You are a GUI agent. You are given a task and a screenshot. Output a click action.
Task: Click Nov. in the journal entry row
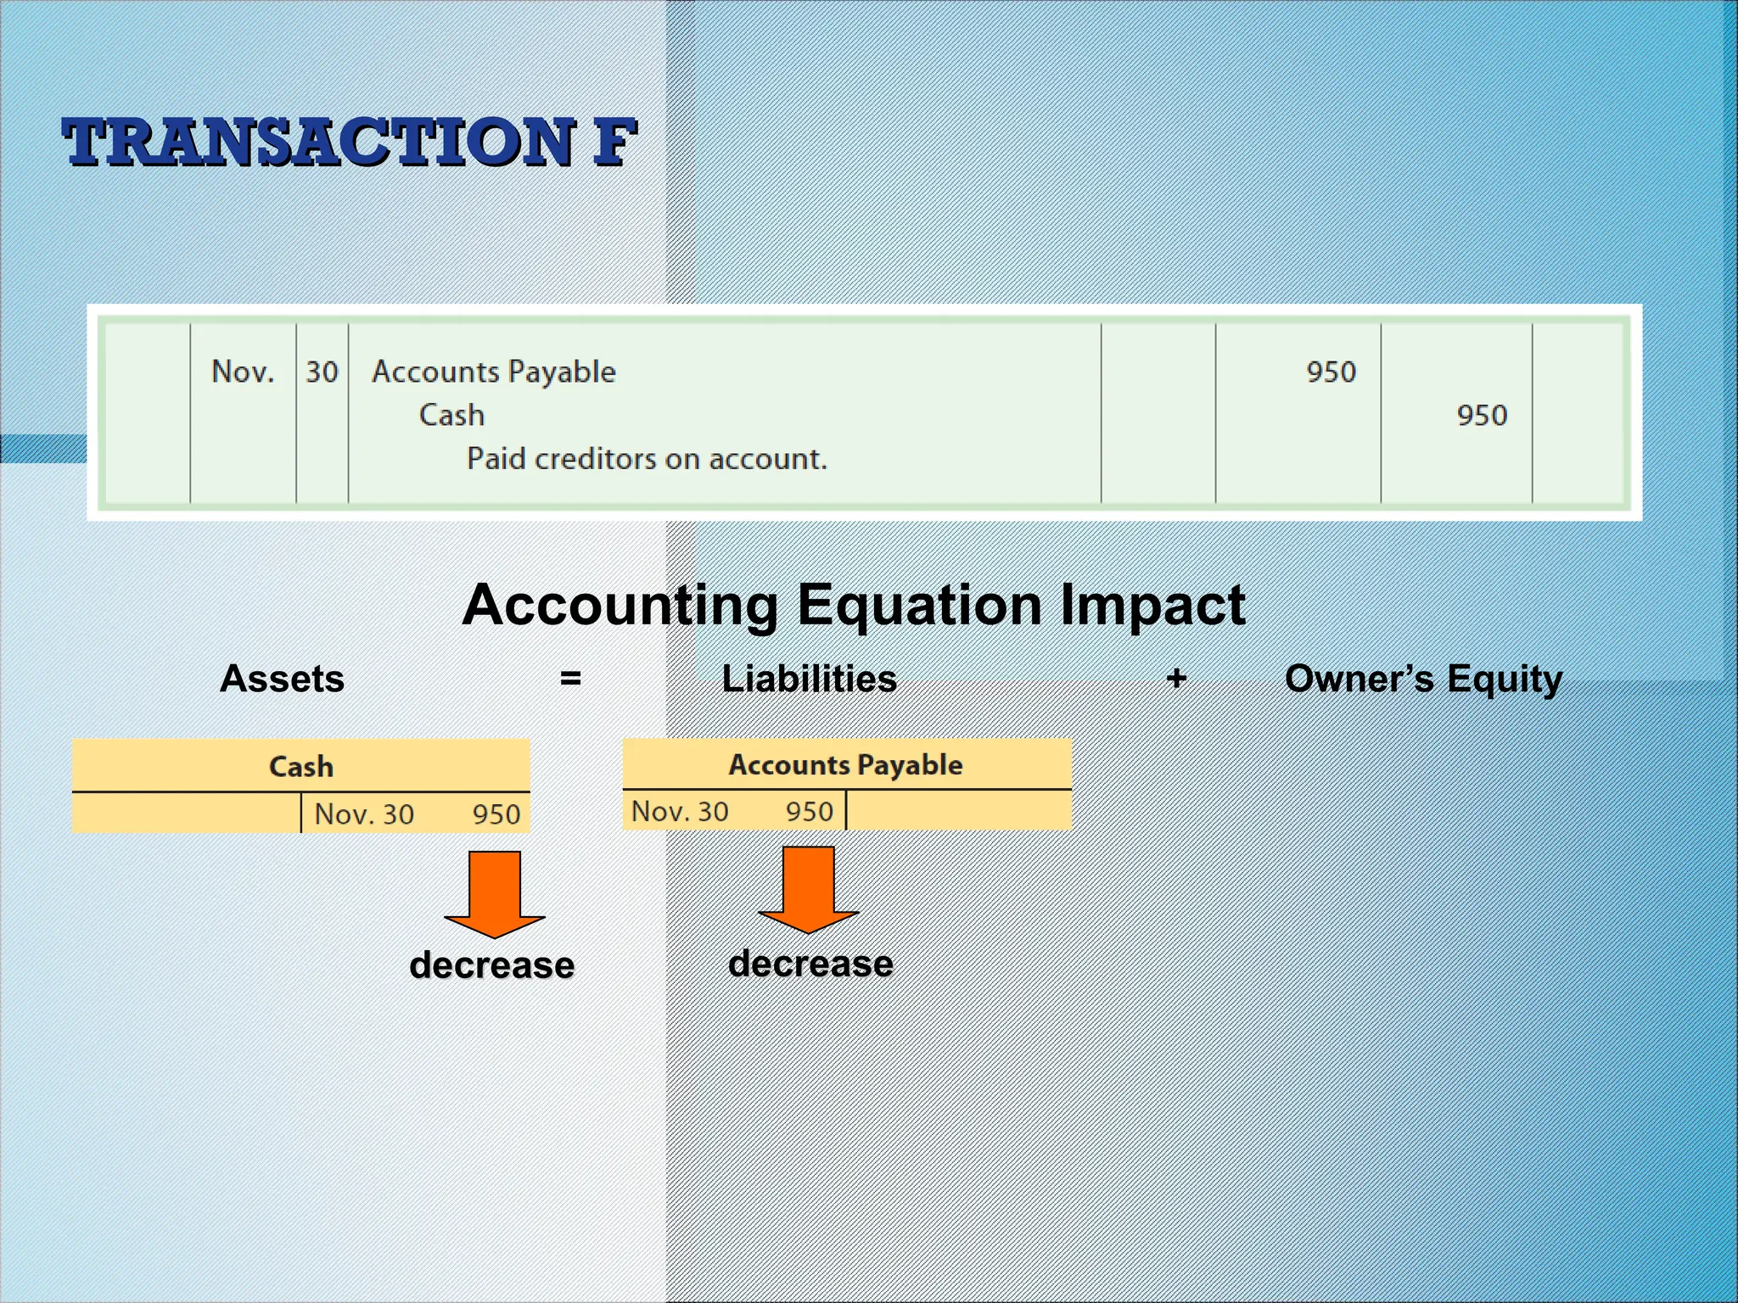pyautogui.click(x=243, y=372)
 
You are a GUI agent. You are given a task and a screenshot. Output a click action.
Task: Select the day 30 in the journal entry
pyautogui.click(x=322, y=372)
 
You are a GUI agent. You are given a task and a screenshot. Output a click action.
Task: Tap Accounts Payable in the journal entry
pyautogui.click(x=493, y=372)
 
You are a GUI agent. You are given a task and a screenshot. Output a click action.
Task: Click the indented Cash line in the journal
pyautogui.click(x=451, y=415)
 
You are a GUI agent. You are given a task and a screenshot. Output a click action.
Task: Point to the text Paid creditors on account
pyautogui.click(x=647, y=459)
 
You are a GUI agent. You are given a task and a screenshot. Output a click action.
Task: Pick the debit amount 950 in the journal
pyautogui.click(x=1330, y=372)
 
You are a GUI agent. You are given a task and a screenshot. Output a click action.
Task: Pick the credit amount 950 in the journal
pyautogui.click(x=1481, y=415)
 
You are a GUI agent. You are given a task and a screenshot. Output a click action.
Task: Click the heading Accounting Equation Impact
pyautogui.click(x=853, y=605)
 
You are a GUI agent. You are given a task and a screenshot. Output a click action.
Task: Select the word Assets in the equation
pyautogui.click(x=282, y=679)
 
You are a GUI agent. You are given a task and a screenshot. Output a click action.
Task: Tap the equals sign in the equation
pyautogui.click(x=570, y=679)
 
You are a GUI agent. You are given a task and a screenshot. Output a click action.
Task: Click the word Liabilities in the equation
pyautogui.click(x=809, y=679)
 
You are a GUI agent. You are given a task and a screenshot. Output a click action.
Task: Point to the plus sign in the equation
pyautogui.click(x=1175, y=678)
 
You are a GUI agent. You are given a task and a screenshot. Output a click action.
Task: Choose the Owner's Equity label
pyautogui.click(x=1423, y=679)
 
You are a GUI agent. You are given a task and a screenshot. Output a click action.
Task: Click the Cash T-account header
pyautogui.click(x=301, y=766)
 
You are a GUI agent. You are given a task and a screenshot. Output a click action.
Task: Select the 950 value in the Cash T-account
pyautogui.click(x=496, y=814)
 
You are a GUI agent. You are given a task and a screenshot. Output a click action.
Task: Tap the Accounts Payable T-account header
pyautogui.click(x=846, y=764)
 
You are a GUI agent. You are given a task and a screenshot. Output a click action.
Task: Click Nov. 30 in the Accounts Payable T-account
pyautogui.click(x=680, y=812)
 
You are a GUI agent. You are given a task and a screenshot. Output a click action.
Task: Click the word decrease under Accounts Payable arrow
pyautogui.click(x=810, y=964)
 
